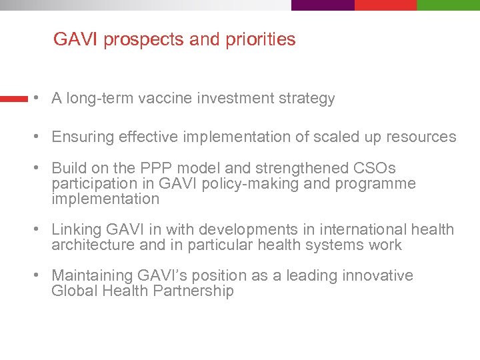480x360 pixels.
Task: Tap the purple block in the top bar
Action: pos(323,5)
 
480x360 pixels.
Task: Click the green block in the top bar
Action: pos(448,5)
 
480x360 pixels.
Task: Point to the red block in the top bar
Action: pos(385,5)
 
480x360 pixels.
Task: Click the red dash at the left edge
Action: pos(13,99)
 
